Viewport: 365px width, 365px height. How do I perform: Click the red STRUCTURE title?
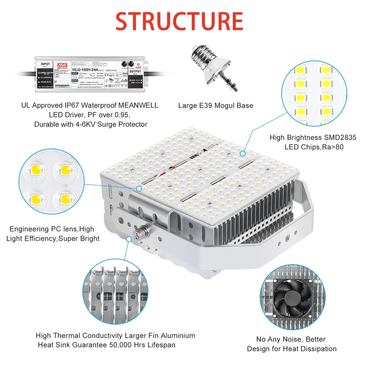click(179, 21)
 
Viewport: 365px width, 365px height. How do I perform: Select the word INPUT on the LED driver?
click(45, 64)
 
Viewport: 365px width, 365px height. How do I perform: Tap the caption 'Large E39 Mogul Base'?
click(216, 105)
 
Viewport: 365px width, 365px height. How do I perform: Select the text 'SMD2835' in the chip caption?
click(339, 138)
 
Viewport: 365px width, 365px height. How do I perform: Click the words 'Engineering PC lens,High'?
click(52, 229)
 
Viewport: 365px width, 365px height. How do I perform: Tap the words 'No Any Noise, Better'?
click(291, 339)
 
